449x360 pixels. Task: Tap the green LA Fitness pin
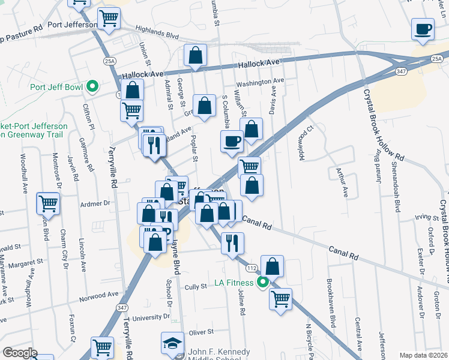pyautogui.click(x=262, y=282)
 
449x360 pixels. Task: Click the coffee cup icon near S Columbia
pyautogui.click(x=232, y=142)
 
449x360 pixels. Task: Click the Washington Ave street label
pyautogui.click(x=259, y=81)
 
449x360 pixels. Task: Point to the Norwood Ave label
pyautogui.click(x=99, y=295)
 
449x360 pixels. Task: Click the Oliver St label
pyautogui.click(x=201, y=332)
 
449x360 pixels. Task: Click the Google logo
pyautogui.click(x=20, y=353)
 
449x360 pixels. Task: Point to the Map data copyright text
pyautogui.click(x=424, y=355)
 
